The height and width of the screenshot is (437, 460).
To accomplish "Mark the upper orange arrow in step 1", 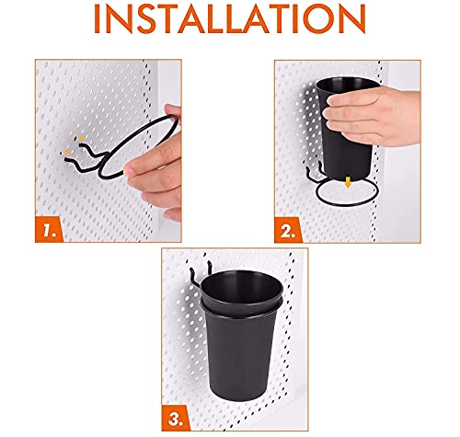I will [78, 137].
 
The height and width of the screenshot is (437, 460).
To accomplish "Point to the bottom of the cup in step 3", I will [237, 405].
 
